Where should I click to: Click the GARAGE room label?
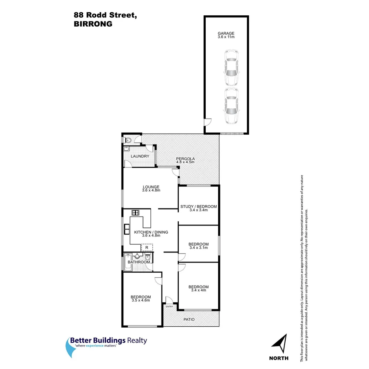pos(226,33)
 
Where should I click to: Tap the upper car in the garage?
pos(231,67)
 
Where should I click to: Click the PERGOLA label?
pos(185,159)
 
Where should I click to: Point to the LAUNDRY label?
pos(140,156)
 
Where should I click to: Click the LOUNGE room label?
pos(151,187)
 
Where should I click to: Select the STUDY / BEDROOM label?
pos(199,207)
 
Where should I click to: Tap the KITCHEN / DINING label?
pos(151,232)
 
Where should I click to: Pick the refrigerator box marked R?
pos(147,247)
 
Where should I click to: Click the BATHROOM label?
pos(139,262)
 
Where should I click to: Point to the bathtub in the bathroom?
pos(128,262)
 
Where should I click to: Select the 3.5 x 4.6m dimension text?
pos(141,301)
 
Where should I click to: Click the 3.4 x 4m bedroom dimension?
pos(199,290)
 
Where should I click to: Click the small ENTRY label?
pos(169,307)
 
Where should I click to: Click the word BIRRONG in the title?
pos(93,24)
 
